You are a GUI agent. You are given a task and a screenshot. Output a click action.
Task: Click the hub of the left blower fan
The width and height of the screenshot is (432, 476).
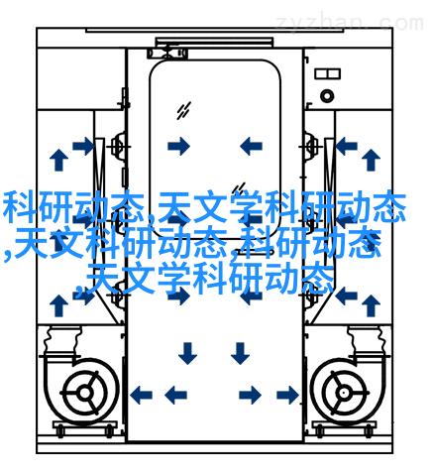[85, 393]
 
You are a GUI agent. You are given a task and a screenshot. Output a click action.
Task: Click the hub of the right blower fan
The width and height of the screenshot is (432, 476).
[345, 393]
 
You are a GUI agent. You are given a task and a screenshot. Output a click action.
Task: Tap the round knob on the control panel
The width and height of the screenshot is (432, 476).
[327, 96]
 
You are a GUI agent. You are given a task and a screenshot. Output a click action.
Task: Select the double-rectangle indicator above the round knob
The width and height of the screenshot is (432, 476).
[327, 73]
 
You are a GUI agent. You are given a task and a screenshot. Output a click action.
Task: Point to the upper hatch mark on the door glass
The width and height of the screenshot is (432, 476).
[183, 110]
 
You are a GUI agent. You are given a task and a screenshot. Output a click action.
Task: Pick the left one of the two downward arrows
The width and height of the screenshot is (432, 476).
[187, 353]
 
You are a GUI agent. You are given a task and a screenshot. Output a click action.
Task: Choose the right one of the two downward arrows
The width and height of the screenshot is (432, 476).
[240, 353]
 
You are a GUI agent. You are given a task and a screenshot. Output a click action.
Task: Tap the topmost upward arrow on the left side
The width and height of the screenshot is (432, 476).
[59, 160]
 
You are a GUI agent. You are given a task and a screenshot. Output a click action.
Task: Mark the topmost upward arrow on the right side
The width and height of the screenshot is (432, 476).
[371, 160]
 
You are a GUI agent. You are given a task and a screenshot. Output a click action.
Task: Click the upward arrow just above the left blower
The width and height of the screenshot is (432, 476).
[59, 305]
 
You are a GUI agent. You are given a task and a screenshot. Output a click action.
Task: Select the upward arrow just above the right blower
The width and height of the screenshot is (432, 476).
[371, 305]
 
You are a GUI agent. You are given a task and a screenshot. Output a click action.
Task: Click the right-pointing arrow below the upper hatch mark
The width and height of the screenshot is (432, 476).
[179, 146]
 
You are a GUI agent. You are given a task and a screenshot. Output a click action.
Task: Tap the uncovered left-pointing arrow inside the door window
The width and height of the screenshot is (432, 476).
[251, 146]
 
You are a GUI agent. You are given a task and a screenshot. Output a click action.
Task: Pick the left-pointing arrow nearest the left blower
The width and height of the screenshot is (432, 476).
[141, 395]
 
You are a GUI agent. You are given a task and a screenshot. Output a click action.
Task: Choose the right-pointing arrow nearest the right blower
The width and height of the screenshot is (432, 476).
[288, 395]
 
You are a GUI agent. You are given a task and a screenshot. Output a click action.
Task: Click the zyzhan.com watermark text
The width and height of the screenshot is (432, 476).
[350, 23]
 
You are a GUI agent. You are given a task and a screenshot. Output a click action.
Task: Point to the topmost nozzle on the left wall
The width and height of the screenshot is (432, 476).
[118, 146]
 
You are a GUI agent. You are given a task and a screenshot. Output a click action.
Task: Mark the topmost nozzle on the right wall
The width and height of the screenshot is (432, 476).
[310, 146]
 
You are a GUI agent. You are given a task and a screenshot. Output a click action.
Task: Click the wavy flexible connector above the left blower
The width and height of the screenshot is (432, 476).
[62, 340]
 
